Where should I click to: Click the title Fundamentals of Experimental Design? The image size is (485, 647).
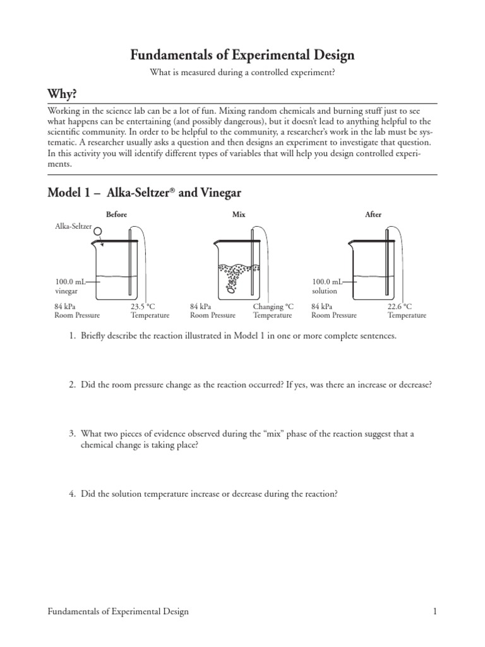point(242,56)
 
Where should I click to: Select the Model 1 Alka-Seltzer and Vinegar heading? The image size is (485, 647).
point(145,193)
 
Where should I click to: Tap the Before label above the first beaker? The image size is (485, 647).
point(117,215)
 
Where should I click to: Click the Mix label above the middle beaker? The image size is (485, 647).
point(239,215)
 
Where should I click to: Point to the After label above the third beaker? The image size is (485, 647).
point(373,215)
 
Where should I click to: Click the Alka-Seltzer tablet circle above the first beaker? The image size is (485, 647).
point(98,232)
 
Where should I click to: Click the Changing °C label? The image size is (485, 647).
point(273,306)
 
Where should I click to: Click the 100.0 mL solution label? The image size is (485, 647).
point(326,286)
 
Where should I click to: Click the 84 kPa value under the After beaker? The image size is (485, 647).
point(323,306)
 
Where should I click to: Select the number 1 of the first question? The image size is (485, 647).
point(72,336)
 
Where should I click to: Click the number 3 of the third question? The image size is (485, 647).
point(72,434)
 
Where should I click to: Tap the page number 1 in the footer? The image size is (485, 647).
point(435,612)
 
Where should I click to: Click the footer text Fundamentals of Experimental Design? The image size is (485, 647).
point(118,612)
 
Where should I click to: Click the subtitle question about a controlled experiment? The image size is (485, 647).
point(242,73)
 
